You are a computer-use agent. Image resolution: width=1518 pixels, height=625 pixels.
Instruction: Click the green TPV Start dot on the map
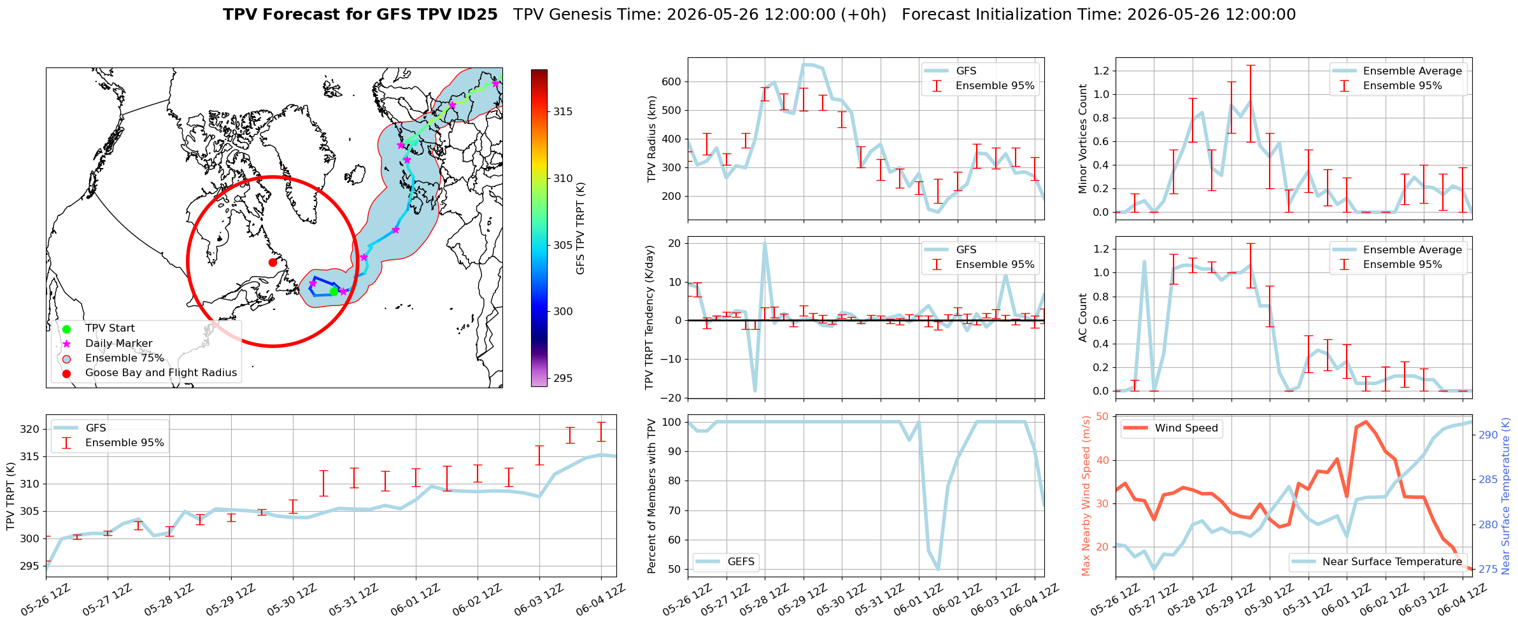334,291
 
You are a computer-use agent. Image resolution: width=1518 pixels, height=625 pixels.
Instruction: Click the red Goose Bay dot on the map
273,262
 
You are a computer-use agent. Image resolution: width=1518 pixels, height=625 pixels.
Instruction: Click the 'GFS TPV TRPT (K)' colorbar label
580,228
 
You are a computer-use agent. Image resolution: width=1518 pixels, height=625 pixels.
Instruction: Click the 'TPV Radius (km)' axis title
651,139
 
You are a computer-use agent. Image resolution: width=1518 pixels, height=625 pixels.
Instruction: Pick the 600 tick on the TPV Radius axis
672,81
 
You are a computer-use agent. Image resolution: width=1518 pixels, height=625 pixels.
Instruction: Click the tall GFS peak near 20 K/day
765,242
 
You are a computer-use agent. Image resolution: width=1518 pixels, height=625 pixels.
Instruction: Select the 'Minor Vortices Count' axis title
1083,139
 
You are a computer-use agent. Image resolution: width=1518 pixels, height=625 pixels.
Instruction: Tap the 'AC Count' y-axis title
1083,318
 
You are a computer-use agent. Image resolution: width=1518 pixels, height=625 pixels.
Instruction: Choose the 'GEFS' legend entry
741,561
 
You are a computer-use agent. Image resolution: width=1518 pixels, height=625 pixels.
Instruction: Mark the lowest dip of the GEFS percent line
938,569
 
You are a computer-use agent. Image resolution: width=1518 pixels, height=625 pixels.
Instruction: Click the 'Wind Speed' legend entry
1186,428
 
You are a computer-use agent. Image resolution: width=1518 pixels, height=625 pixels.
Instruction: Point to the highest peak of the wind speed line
1366,421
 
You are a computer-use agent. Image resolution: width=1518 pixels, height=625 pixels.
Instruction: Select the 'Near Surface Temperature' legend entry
1392,561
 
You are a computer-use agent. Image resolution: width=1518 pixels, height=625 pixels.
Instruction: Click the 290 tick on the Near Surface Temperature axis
1489,435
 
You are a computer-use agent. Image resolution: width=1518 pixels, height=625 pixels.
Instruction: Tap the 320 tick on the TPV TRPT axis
31,429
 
